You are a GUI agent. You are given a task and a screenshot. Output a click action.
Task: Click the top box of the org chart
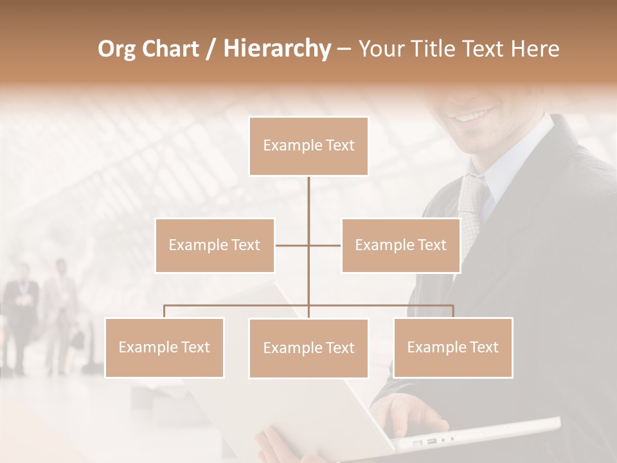click(308, 146)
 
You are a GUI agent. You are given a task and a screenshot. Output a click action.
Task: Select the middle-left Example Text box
click(215, 245)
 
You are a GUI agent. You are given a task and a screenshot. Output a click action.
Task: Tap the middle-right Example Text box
click(400, 245)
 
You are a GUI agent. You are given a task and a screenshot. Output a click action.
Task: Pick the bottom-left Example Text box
click(165, 347)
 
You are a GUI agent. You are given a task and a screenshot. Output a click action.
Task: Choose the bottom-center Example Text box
click(308, 348)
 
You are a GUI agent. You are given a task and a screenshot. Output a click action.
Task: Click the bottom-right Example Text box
click(452, 347)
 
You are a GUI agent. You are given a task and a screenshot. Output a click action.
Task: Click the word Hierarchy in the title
click(276, 48)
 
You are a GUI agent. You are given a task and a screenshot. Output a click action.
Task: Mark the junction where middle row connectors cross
click(308, 245)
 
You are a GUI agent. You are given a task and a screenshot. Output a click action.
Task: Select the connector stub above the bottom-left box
click(165, 311)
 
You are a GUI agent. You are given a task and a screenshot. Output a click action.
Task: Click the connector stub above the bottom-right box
click(452, 311)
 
